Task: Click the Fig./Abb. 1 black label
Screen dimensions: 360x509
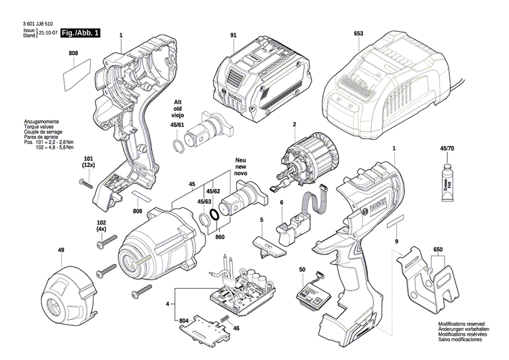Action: click(x=79, y=33)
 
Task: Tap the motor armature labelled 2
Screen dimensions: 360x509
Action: click(x=303, y=164)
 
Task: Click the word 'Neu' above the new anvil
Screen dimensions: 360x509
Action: click(x=240, y=162)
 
